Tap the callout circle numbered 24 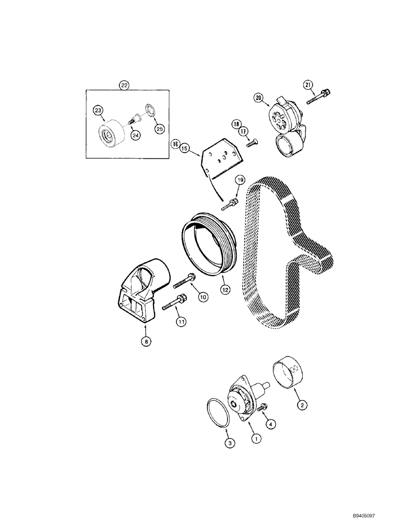(x=135, y=135)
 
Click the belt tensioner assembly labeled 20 (x=284, y=117)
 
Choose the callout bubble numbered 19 (x=240, y=180)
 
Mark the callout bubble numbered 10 (x=202, y=297)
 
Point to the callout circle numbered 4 (x=270, y=424)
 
